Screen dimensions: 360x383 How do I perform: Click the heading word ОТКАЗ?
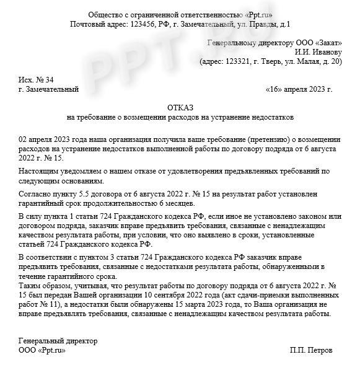point(180,107)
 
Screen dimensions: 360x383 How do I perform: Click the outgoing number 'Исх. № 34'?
point(37,79)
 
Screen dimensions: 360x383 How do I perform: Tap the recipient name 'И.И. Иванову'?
point(318,52)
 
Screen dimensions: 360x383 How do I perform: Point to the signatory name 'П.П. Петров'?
point(310,350)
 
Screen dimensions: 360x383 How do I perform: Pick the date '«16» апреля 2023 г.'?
point(299,89)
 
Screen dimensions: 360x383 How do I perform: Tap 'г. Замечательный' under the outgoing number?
point(49,89)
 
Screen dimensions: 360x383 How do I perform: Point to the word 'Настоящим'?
point(37,171)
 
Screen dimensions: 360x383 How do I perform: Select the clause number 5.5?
point(82,195)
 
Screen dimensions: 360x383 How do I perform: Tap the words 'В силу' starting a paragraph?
point(30,216)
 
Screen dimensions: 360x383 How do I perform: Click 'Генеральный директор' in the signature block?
point(58,341)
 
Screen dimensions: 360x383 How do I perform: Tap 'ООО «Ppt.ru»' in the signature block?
point(42,350)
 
